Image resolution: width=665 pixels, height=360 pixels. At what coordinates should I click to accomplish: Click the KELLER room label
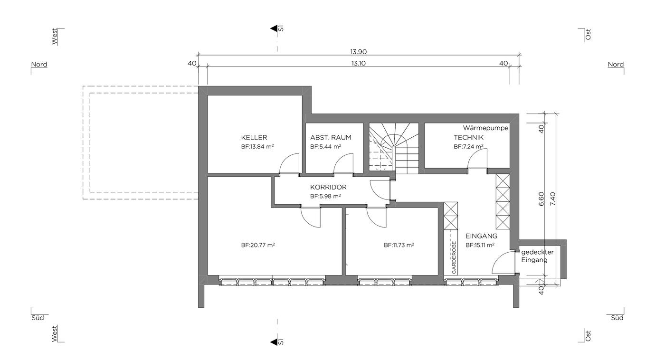[254, 137]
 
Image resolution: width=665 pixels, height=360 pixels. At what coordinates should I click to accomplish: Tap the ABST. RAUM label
[331, 137]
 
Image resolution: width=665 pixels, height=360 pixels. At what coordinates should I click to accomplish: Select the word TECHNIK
[468, 137]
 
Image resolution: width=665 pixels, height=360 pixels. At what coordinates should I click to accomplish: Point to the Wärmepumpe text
[485, 128]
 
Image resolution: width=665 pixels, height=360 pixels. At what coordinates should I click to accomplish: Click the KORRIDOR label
[328, 187]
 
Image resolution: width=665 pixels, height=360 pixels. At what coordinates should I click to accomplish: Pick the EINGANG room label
[481, 236]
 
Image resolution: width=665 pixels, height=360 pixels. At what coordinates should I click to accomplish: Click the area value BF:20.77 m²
[257, 245]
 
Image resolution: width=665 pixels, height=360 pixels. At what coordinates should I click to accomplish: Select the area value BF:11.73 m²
[399, 245]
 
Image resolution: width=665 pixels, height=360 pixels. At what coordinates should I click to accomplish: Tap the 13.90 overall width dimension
[358, 52]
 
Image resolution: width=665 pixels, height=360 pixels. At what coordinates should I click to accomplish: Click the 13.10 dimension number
[358, 63]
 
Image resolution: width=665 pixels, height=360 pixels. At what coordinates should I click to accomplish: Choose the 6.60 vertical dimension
[541, 199]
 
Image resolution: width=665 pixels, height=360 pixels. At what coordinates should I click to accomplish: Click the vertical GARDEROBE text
[454, 257]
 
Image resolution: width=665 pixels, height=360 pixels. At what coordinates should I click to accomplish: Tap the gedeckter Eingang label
[537, 256]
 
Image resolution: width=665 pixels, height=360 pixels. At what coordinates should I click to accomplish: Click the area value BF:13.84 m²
[257, 146]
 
